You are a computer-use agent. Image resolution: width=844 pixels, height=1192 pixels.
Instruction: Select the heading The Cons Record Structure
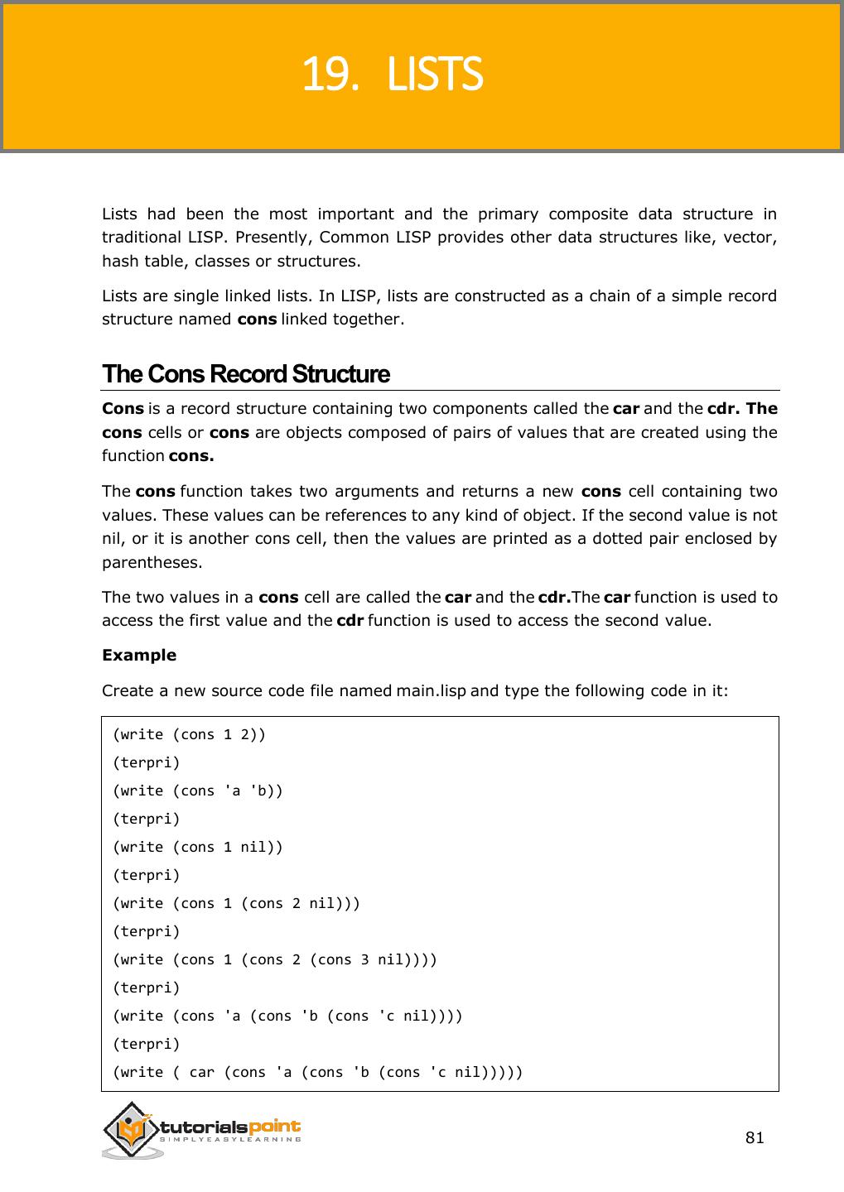[x=246, y=374]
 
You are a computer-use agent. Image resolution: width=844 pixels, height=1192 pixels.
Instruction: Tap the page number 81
[x=754, y=1137]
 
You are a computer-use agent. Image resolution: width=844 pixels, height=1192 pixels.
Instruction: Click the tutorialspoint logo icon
[x=130, y=1129]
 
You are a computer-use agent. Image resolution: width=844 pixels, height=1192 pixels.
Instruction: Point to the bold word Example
[x=139, y=655]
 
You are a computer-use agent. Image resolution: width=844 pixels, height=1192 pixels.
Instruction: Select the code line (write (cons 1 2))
[x=190, y=734]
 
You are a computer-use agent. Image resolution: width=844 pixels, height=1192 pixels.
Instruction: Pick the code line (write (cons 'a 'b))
[x=198, y=791]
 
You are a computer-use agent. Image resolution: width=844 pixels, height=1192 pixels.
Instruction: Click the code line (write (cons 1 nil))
[x=198, y=847]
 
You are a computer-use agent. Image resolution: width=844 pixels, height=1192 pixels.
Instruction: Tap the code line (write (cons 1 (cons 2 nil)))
[x=237, y=903]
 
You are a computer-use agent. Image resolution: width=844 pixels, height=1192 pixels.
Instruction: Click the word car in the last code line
[x=202, y=1072]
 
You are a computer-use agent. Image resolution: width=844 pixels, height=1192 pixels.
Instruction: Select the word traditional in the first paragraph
[x=141, y=238]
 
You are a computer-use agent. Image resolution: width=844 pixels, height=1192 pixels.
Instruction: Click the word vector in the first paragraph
[x=749, y=238]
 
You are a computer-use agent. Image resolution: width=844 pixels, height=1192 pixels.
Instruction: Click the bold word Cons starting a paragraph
[x=123, y=408]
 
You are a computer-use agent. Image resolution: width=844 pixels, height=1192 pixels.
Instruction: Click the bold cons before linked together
[x=257, y=320]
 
